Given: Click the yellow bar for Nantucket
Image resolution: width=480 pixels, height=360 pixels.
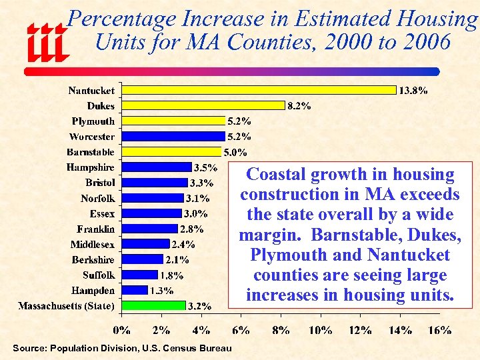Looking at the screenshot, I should pyautogui.click(x=259, y=90).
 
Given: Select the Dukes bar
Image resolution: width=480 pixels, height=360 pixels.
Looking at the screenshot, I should pyautogui.click(x=203, y=105).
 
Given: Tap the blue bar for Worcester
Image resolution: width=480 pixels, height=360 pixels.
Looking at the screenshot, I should pyautogui.click(x=173, y=136).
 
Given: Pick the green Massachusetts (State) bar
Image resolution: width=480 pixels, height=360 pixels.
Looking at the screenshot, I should pyautogui.click(x=153, y=305).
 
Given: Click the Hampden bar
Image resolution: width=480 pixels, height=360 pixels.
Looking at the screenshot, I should pyautogui.click(x=135, y=290).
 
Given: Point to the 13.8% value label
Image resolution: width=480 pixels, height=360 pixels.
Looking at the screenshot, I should pyautogui.click(x=413, y=91).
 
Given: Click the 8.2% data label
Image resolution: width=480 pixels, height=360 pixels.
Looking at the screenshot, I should pyautogui.click(x=299, y=106).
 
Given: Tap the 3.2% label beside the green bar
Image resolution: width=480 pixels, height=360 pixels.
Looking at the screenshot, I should pyautogui.click(x=199, y=307).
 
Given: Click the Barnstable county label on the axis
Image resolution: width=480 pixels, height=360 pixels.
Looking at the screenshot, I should pyautogui.click(x=91, y=152).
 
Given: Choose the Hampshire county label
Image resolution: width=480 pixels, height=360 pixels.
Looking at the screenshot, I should pyautogui.click(x=90, y=167).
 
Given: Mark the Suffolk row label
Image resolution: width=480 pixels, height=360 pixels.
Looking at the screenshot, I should pyautogui.click(x=99, y=275).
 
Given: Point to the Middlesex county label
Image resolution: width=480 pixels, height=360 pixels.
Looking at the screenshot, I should pyautogui.click(x=93, y=244).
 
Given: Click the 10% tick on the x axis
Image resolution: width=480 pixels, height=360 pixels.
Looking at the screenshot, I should pyautogui.click(x=320, y=329).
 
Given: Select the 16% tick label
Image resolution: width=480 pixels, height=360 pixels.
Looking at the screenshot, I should pyautogui.click(x=440, y=329).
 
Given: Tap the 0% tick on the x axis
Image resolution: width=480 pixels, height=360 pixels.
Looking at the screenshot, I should pyautogui.click(x=121, y=329).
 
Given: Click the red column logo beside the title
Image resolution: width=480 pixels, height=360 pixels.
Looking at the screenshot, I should pyautogui.click(x=47, y=41).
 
